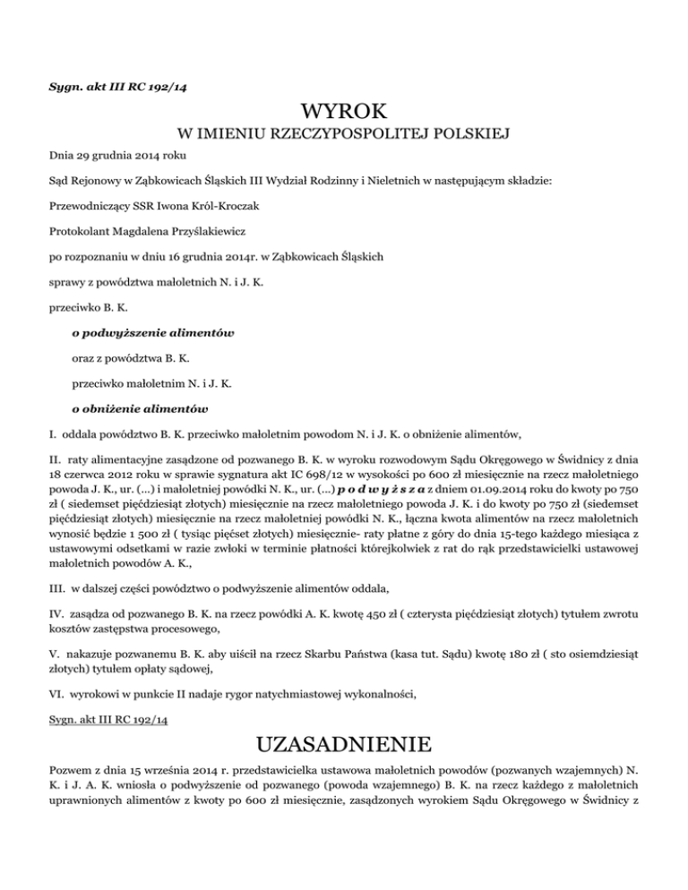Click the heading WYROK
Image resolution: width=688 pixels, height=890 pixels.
[x=344, y=112]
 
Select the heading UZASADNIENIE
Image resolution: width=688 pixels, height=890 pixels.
[x=344, y=744]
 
